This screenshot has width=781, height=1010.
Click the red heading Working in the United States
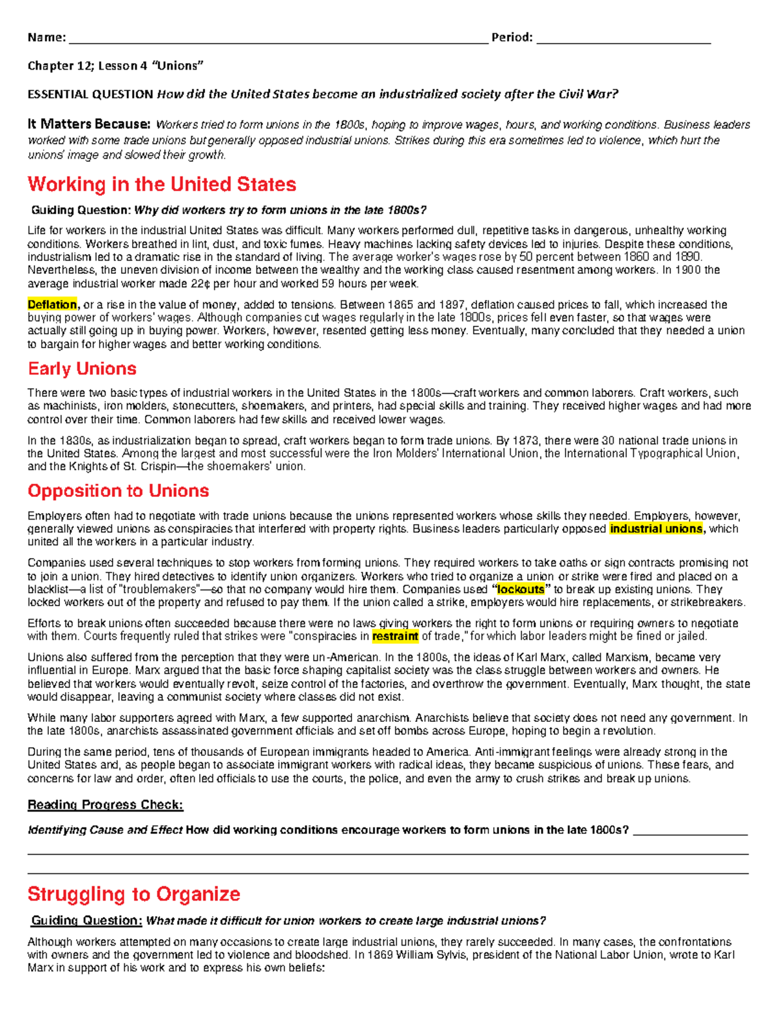point(161,185)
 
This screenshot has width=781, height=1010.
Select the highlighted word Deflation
point(52,304)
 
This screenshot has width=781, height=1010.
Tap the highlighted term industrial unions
point(656,529)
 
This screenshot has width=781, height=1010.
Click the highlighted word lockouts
point(520,589)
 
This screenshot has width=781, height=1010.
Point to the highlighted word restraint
point(395,636)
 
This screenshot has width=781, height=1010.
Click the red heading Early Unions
point(82,369)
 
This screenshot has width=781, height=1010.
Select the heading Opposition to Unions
point(118,491)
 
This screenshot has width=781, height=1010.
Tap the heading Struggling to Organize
point(133,894)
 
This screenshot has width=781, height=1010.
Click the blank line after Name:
point(278,38)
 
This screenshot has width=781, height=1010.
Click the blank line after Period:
point(623,38)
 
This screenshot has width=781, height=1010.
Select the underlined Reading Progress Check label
point(105,805)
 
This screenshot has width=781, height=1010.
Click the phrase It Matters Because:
point(89,124)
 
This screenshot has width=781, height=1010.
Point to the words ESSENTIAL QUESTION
point(90,94)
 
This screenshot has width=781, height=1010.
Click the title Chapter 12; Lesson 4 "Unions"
point(115,66)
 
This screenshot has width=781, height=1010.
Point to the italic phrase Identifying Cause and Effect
point(105,830)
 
